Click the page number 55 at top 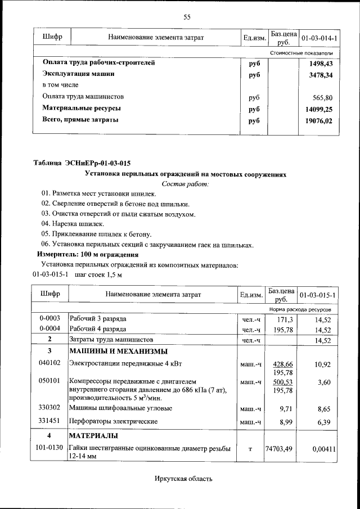coord(187,17)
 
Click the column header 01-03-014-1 coord(319,38)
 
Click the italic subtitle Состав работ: coord(185,183)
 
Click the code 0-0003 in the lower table coord(50,318)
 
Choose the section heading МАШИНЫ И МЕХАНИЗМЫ coord(118,352)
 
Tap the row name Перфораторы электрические coord(113,421)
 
